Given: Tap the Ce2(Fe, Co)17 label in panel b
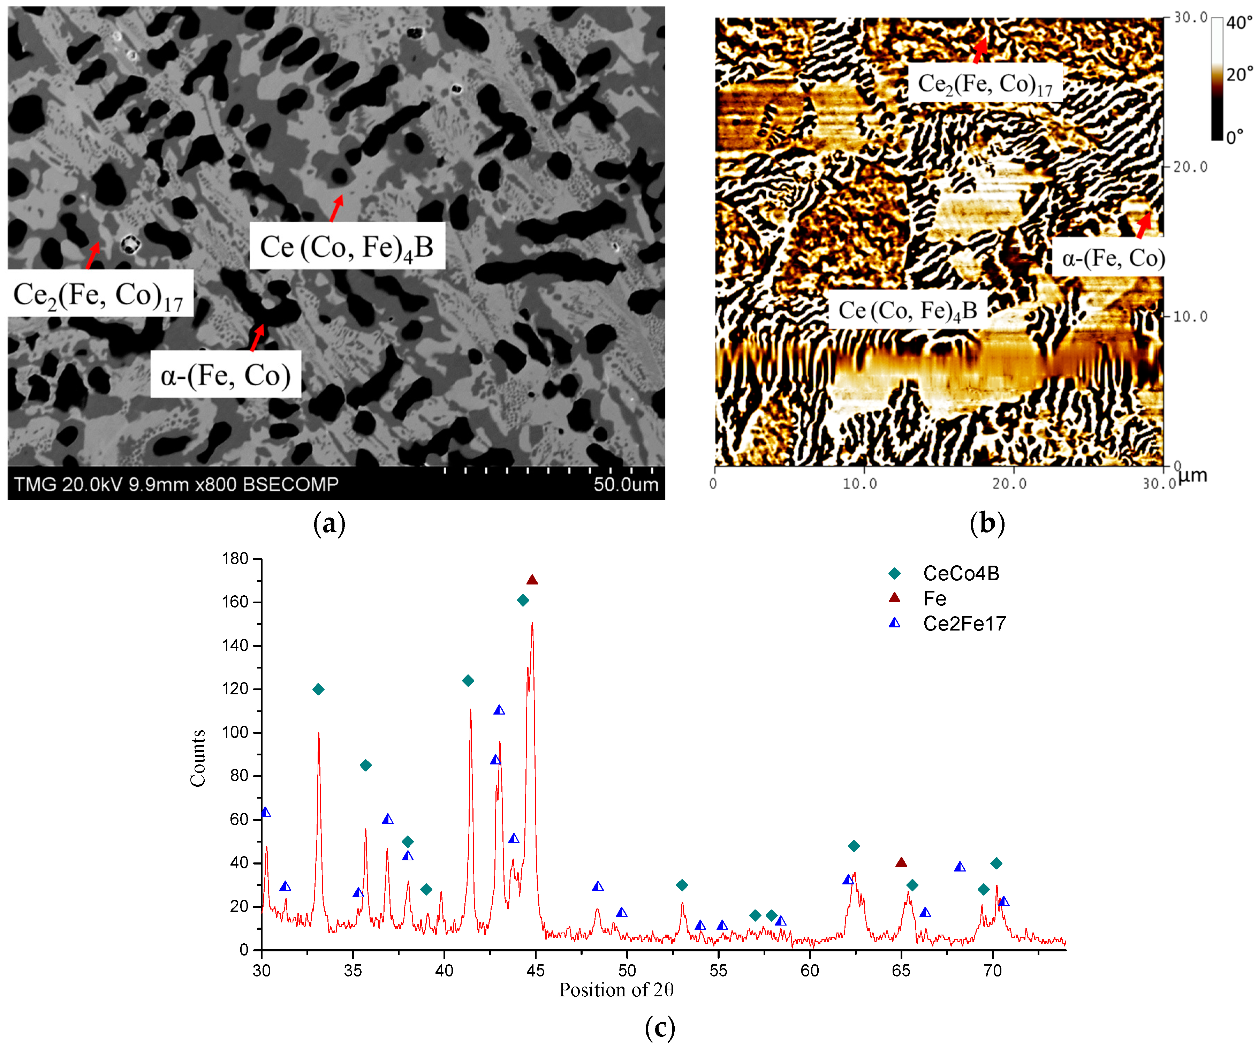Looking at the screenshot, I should (x=985, y=84).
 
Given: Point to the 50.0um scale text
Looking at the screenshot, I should (x=626, y=484).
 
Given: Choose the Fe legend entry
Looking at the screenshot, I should (x=934, y=598).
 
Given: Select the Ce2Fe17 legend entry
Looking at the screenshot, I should (x=964, y=624).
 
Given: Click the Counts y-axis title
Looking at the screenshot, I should (x=198, y=758).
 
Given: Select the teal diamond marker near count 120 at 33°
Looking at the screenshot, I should (x=318, y=689).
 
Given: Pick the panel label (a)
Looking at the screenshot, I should (x=329, y=523).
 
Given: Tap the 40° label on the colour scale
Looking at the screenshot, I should (x=1239, y=23).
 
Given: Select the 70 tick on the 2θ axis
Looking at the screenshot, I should (x=993, y=971).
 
